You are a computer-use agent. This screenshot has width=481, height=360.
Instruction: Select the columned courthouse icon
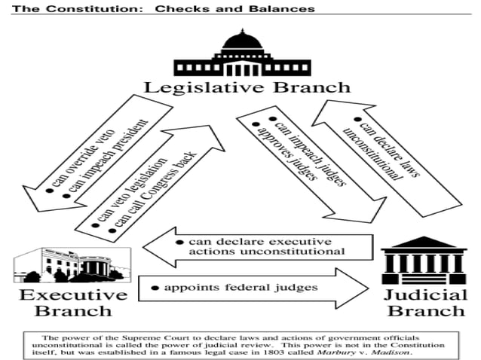(424, 260)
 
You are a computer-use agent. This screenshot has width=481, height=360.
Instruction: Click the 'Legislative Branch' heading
(247, 87)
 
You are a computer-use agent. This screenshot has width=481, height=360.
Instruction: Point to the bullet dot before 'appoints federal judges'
(155, 288)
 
